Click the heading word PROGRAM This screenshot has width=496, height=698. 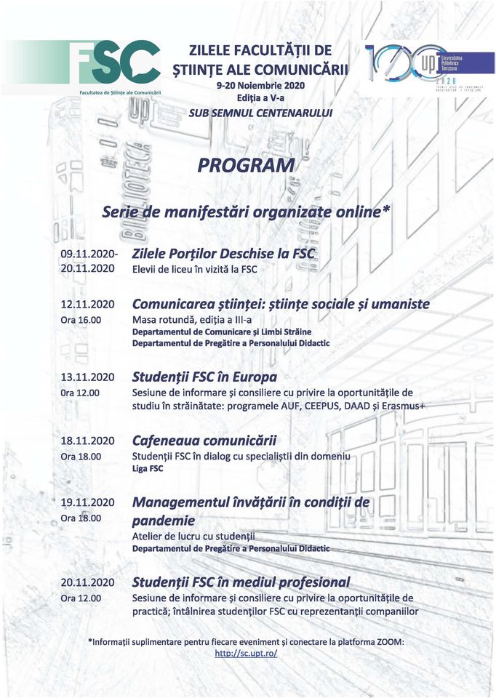tap(246, 166)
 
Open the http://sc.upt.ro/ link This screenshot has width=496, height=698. tap(246, 654)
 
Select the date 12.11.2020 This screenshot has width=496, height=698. tap(88, 304)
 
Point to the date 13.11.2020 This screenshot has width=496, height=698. tap(88, 377)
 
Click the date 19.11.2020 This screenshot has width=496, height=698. tap(88, 502)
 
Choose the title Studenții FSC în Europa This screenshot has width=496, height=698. tap(204, 377)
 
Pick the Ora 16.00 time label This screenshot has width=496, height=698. tap(81, 320)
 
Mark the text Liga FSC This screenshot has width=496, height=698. tap(148, 469)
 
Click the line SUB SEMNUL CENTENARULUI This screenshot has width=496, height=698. tap(260, 113)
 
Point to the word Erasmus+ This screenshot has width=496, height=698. tap(399, 406)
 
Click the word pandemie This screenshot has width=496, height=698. tap(164, 521)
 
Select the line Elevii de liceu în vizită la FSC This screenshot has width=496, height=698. tap(194, 270)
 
